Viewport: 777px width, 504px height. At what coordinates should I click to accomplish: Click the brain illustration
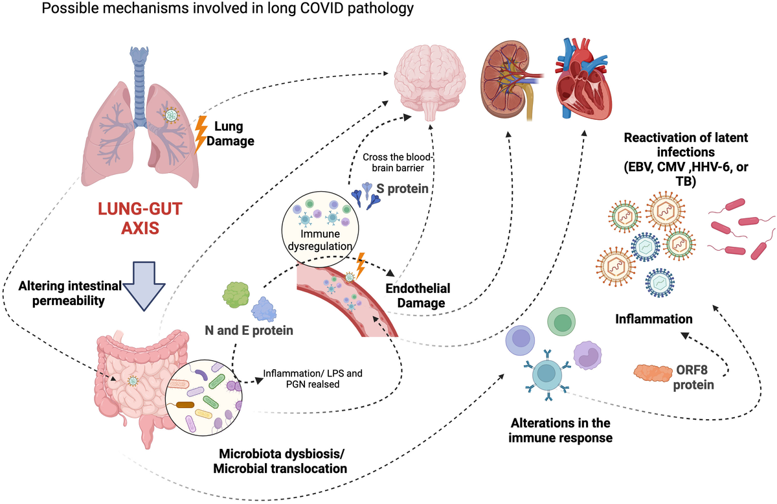tap(430, 80)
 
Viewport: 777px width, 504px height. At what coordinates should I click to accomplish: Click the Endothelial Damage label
tap(417, 295)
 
